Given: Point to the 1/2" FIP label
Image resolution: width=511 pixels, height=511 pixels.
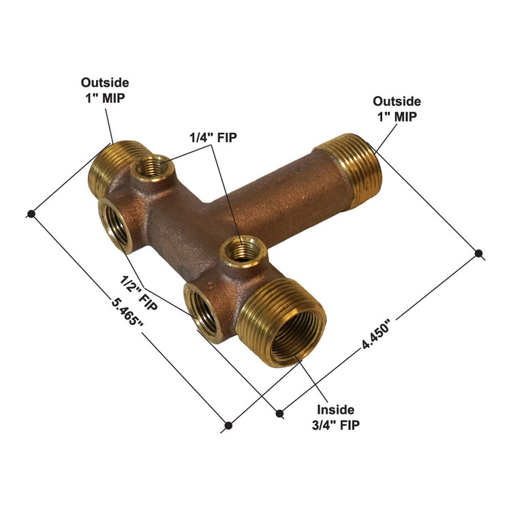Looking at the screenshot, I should click(x=138, y=293).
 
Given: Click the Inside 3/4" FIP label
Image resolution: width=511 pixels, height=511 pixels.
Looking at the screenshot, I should click(x=335, y=417).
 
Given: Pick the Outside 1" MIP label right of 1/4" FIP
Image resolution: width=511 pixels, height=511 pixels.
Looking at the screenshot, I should click(x=397, y=108).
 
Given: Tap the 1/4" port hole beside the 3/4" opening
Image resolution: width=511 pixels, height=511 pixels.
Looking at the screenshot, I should click(x=241, y=251).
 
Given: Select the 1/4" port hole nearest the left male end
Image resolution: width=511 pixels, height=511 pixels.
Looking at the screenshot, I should click(x=151, y=167).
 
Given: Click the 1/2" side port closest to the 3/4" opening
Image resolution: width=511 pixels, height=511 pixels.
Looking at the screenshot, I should click(x=203, y=312).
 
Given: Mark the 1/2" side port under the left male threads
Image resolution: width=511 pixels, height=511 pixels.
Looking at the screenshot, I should click(x=116, y=223).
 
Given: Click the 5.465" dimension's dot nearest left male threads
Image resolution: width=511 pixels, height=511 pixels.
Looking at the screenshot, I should click(x=31, y=214).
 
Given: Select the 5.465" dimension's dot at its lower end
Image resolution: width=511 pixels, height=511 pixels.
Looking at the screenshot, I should click(x=228, y=426).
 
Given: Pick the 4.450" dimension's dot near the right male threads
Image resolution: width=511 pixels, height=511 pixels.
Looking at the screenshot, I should click(x=479, y=253).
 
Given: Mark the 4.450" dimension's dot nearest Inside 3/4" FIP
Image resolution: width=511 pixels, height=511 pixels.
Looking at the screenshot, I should click(x=279, y=412).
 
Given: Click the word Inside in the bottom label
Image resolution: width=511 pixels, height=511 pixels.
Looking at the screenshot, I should click(x=335, y=409).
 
